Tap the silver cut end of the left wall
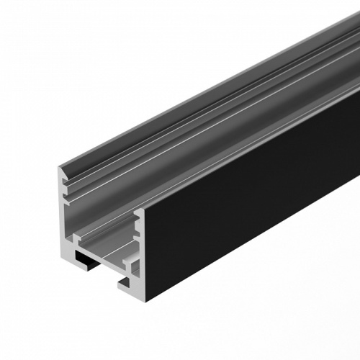click(x=63, y=216)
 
